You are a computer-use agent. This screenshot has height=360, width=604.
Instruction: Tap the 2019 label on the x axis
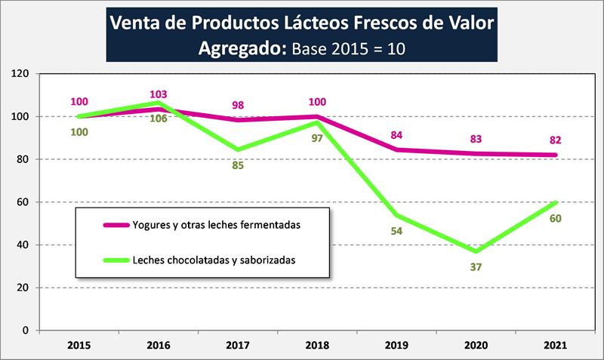396,346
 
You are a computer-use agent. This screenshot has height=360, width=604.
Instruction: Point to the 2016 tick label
158,346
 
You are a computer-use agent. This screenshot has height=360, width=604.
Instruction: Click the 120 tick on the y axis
20,74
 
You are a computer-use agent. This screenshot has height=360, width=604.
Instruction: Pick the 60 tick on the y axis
23,202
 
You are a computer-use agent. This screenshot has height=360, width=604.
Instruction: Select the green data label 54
396,231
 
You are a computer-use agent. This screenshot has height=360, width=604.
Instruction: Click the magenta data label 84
396,135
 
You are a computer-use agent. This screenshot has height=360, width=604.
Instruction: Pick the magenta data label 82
554,140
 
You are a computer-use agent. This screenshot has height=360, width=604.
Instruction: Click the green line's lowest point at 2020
475,251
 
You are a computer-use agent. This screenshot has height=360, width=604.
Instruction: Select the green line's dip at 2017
237,149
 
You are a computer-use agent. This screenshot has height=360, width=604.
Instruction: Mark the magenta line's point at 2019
396,149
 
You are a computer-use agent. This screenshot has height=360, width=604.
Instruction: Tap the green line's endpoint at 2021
554,202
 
